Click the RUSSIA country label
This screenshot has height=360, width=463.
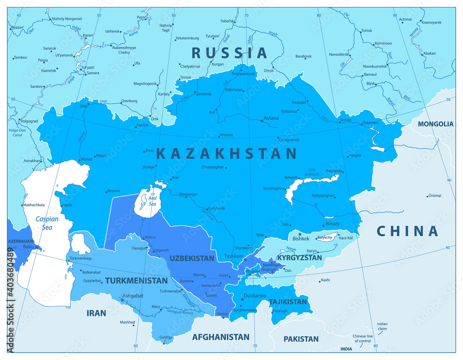[x=230, y=53]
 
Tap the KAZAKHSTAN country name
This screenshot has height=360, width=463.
[x=226, y=153]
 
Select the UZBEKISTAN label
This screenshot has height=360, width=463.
[x=192, y=258]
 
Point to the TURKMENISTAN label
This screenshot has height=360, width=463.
[x=136, y=281]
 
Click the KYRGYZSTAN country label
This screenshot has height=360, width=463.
[x=299, y=257]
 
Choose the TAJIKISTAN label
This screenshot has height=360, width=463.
[x=288, y=302]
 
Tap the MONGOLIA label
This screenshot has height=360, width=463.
[x=435, y=124]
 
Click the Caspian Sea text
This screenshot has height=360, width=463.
[x=47, y=223]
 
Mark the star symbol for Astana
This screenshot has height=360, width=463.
[x=262, y=120]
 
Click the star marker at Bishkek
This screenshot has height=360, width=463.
[x=300, y=234]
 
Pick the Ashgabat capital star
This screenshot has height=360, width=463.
[x=122, y=300]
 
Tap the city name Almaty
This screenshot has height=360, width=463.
[x=332, y=224]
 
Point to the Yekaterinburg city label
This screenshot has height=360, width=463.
[x=186, y=38]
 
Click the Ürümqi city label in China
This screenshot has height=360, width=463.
[x=434, y=196]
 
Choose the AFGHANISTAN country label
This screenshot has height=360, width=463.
[x=221, y=337]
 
